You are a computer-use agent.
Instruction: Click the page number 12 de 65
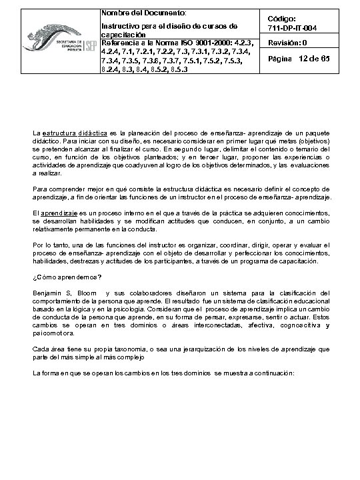pos(314,60)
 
